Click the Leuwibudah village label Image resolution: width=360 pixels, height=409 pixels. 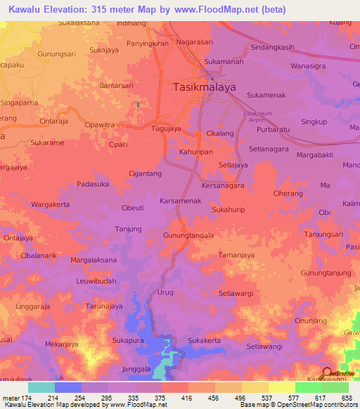[x=96, y=280]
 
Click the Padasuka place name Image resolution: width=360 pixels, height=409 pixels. [x=93, y=185]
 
